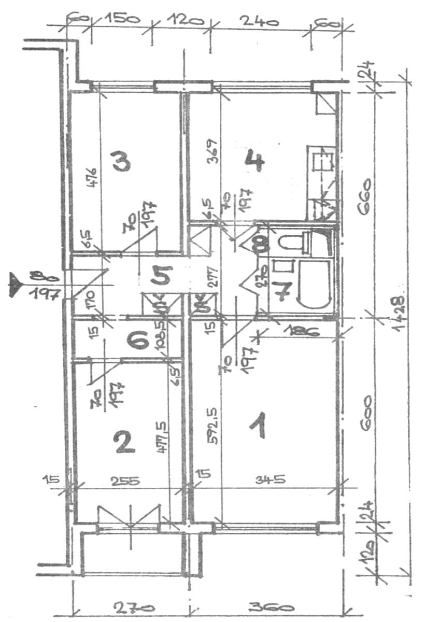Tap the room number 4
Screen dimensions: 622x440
[254, 161]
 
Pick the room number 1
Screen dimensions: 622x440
[258, 425]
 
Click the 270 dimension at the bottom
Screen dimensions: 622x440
[127, 607]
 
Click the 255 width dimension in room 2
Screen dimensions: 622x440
[125, 480]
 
